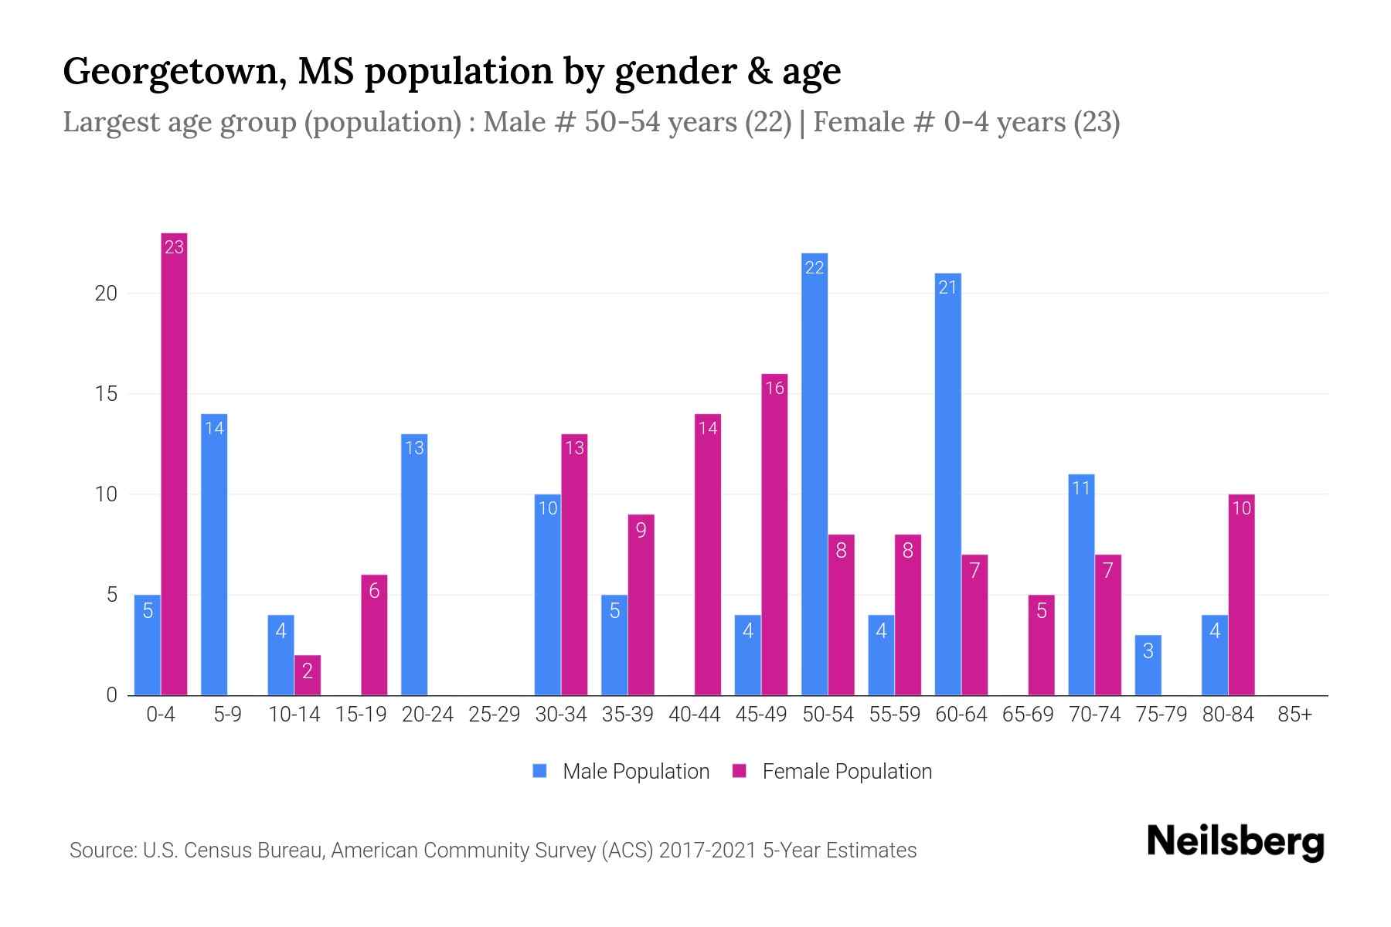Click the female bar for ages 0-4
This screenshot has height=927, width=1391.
(x=174, y=463)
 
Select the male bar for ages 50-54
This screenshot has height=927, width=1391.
(x=815, y=474)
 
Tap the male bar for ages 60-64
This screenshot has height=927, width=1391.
(x=948, y=484)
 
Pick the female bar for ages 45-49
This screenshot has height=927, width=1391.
(x=774, y=535)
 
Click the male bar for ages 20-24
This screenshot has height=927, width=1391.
(x=414, y=565)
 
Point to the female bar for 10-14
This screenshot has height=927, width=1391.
(x=308, y=675)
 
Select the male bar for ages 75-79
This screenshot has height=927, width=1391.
(x=1148, y=665)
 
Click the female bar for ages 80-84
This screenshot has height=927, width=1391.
(x=1241, y=595)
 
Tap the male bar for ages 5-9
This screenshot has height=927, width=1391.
(x=214, y=555)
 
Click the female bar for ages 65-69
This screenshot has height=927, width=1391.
(x=1041, y=645)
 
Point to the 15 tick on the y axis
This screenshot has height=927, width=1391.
(x=106, y=394)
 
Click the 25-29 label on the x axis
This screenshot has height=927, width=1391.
(x=495, y=715)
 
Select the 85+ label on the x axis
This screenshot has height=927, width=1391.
(x=1294, y=715)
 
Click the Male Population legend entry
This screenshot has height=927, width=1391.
(x=635, y=772)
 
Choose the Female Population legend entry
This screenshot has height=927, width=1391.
(x=846, y=772)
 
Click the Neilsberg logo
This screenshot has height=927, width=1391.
(x=1235, y=842)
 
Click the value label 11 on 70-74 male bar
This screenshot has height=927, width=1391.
(x=1081, y=488)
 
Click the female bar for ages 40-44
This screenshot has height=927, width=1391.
(x=708, y=555)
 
